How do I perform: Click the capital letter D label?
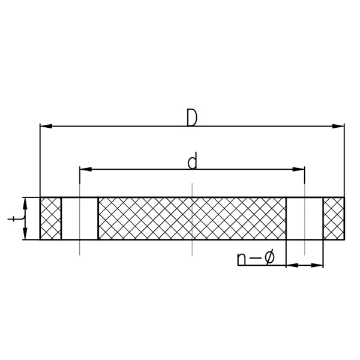click(x=192, y=118)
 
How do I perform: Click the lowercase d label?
click(x=192, y=160)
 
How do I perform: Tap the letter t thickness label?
click(x=16, y=219)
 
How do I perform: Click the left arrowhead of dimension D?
click(x=46, y=126)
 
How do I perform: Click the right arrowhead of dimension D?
click(x=338, y=126)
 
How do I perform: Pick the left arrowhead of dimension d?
click(x=86, y=169)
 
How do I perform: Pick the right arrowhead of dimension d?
click(x=299, y=169)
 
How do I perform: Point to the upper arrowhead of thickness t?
click(x=25, y=203)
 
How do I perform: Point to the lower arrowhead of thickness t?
click(x=25, y=234)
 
